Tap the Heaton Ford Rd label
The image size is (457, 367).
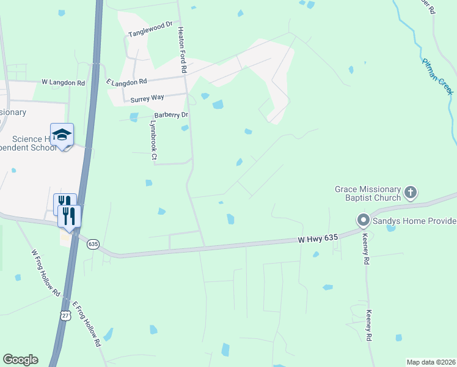coord(181,50)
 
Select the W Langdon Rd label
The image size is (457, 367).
coord(64,81)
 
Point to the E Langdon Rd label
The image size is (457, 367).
coord(126,81)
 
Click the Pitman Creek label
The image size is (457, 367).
coord(437,76)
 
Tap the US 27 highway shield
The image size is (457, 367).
coord(65,314)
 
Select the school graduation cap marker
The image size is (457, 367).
coord(62,135)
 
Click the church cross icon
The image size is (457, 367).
coord(410,193)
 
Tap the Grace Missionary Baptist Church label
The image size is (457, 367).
coord(367,194)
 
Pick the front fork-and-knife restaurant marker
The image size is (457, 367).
coord(69,216)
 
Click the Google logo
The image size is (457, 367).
coord(20,360)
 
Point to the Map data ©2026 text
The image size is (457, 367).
coord(430,362)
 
